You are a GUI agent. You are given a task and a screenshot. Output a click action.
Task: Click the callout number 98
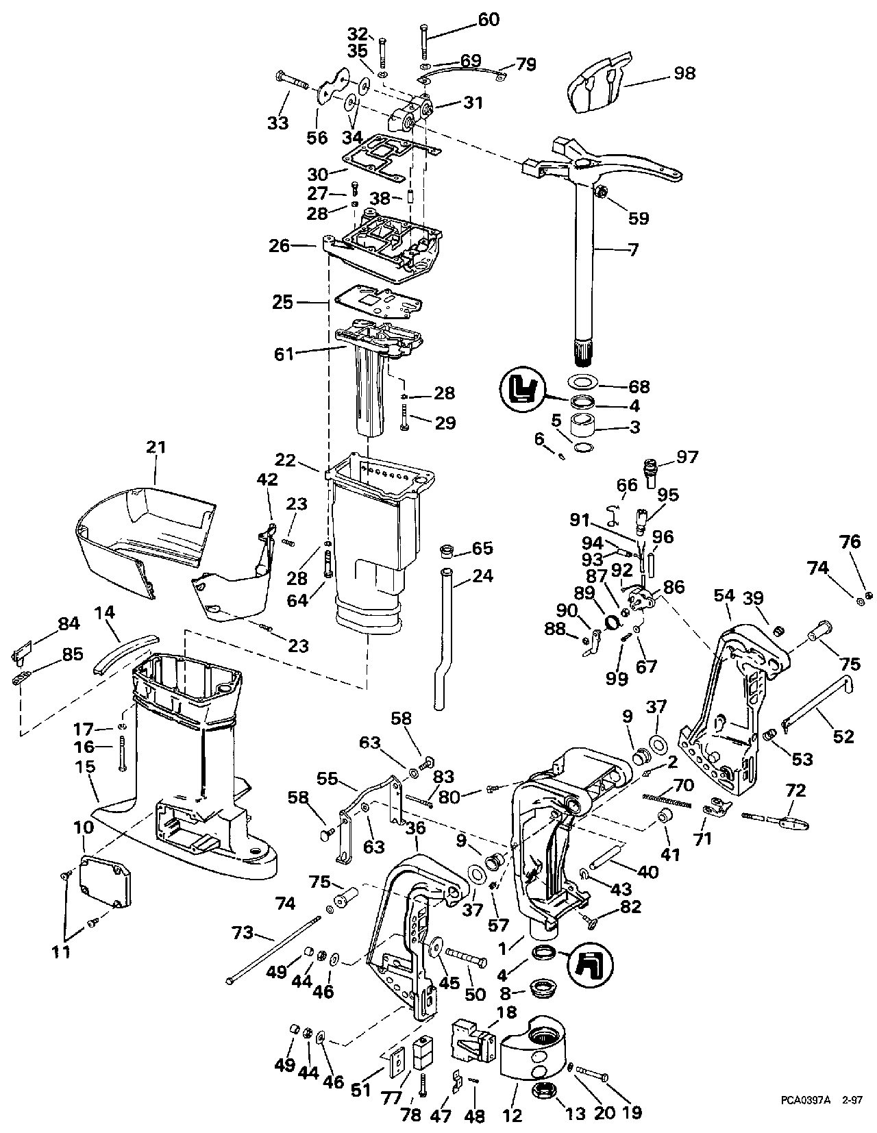click(684, 73)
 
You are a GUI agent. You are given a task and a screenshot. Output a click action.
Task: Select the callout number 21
click(156, 447)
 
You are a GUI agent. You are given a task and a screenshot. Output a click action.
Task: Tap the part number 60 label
click(488, 19)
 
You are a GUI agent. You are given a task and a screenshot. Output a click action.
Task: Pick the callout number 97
click(687, 457)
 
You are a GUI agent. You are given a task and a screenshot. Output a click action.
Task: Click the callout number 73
click(243, 932)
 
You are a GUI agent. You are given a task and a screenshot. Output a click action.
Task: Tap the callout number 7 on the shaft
click(633, 250)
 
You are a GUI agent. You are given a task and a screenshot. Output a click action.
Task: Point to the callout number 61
click(284, 354)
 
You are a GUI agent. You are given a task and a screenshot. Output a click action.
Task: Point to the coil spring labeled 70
click(667, 800)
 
